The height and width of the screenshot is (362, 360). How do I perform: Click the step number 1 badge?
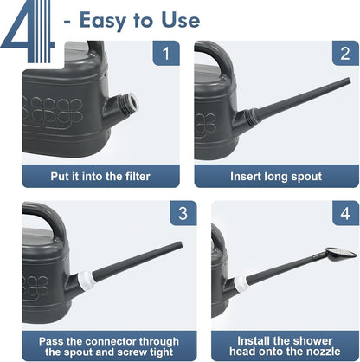(166, 53)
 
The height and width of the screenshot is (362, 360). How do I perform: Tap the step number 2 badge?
(345, 53)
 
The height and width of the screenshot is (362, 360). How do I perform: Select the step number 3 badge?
(183, 213)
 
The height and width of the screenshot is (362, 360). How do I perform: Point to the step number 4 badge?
(345, 213)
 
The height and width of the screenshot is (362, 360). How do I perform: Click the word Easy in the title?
(103, 21)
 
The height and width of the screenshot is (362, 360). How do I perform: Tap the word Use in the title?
(181, 20)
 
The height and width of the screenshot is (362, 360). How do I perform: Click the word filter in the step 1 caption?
(138, 177)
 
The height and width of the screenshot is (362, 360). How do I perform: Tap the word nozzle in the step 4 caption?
(325, 352)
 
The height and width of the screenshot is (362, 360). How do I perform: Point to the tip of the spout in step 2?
(349, 81)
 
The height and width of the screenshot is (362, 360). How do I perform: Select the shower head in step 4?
(341, 254)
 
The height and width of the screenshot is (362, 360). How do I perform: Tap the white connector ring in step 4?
(241, 284)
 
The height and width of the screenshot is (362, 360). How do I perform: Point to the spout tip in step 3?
(180, 246)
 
